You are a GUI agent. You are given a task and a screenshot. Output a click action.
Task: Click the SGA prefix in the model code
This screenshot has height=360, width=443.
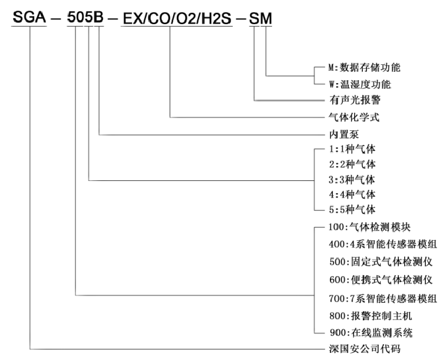click(29, 17)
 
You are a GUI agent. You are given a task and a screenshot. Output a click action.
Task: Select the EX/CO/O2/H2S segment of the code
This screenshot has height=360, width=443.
click(177, 19)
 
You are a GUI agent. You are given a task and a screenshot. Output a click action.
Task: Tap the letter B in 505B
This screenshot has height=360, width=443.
click(98, 17)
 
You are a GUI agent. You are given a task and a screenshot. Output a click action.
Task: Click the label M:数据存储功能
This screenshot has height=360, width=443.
click(364, 68)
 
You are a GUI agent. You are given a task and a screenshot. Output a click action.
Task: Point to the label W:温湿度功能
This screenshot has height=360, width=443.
click(360, 84)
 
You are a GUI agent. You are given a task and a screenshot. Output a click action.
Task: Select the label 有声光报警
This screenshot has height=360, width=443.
click(355, 100)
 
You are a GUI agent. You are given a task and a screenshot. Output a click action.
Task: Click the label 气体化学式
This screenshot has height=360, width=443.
click(353, 117)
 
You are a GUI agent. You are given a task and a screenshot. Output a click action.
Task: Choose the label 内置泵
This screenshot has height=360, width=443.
click(344, 134)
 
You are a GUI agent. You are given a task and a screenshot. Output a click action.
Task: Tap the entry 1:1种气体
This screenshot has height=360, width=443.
click(352, 149)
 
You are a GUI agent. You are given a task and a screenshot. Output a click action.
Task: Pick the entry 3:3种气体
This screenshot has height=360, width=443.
click(352, 180)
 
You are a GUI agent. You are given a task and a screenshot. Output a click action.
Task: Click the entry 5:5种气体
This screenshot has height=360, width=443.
click(352, 210)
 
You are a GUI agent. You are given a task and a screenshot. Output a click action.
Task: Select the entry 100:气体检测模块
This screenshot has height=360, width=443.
click(369, 227)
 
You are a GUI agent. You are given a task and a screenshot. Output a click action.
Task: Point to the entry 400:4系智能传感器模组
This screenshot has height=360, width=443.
click(383, 244)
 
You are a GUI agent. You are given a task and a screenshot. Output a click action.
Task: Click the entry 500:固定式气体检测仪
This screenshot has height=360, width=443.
click(381, 262)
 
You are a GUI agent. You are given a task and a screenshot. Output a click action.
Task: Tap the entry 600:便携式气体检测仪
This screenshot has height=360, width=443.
click(381, 280)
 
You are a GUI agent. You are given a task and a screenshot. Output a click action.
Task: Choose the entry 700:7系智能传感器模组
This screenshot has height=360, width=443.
click(383, 298)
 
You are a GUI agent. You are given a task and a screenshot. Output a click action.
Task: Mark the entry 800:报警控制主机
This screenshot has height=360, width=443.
click(371, 316)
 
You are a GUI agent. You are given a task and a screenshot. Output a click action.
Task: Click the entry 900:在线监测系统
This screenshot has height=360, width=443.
click(371, 333)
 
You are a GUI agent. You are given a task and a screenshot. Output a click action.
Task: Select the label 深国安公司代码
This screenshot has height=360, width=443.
click(365, 349)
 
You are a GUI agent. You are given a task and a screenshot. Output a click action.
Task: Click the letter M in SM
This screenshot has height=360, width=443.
click(266, 19)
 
